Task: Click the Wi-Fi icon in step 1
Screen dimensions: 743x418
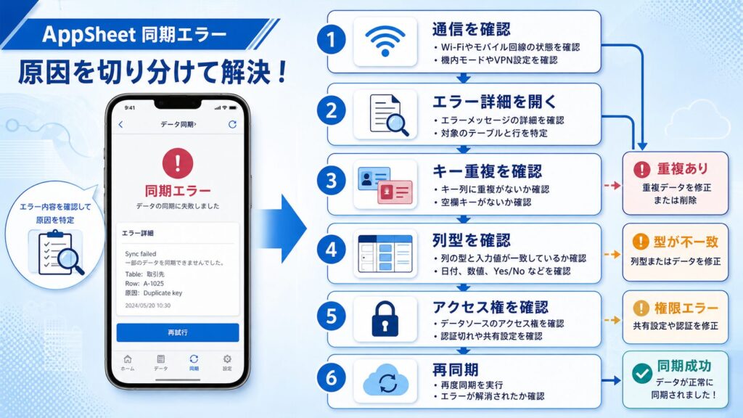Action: [x=385, y=41]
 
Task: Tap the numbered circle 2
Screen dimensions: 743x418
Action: [x=331, y=111]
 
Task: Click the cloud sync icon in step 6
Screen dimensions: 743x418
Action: [x=386, y=380]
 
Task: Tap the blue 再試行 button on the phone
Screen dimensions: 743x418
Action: [x=178, y=332]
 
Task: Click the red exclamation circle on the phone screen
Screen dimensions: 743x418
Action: [x=178, y=163]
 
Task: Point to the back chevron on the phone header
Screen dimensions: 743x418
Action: [x=120, y=124]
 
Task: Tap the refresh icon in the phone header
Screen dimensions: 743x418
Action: [x=232, y=124]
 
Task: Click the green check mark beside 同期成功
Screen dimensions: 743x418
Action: [x=642, y=373]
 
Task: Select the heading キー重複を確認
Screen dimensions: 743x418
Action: [x=487, y=171]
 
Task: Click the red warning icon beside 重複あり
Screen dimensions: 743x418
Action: [x=641, y=169]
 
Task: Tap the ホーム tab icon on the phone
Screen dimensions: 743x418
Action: [x=128, y=358]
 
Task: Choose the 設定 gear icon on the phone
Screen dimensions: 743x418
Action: [x=227, y=358]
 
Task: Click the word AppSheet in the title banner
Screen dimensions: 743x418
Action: [x=89, y=35]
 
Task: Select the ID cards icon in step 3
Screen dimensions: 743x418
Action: [x=385, y=185]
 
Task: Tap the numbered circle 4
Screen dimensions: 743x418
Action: [x=331, y=250]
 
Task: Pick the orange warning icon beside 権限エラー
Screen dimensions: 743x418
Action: [x=641, y=308]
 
